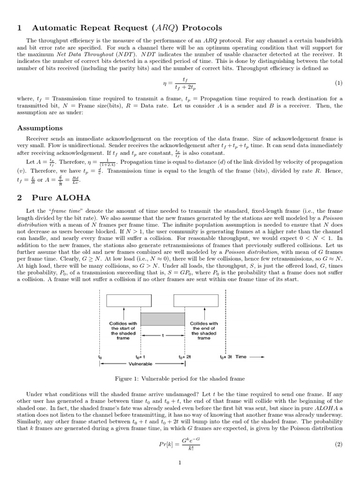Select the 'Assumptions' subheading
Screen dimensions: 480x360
click(40, 128)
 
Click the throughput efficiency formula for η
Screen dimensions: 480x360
click(180, 83)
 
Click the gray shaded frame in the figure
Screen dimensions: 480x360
click(163, 320)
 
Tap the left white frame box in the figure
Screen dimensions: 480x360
click(123, 300)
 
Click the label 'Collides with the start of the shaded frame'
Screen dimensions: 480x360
click(123, 330)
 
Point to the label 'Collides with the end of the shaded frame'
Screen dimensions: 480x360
click(203, 330)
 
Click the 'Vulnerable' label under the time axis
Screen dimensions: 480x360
click(141, 364)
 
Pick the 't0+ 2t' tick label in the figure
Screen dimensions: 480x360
click(185, 357)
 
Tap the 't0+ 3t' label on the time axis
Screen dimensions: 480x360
click(226, 357)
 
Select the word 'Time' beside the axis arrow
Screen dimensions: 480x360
click(241, 357)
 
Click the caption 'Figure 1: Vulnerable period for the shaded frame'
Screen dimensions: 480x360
click(180, 378)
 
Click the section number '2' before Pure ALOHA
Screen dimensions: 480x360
click(19, 198)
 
